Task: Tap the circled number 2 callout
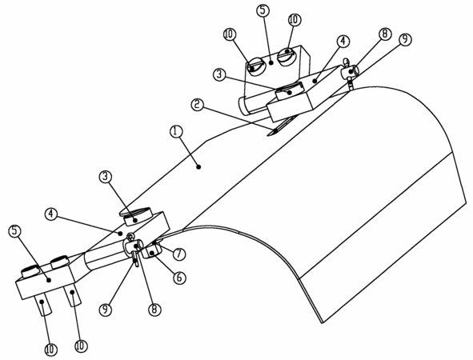[x=198, y=105]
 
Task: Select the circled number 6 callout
[x=179, y=278]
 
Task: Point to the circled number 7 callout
[x=179, y=254]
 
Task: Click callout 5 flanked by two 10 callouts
[x=263, y=10]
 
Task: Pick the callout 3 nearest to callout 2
[x=219, y=74]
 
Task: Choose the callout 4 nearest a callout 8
[x=343, y=42]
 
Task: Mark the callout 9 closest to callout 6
[x=106, y=310]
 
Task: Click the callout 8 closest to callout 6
[x=154, y=310]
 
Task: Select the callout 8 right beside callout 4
[x=385, y=34]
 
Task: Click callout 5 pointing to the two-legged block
[x=14, y=231]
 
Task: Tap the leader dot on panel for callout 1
[x=198, y=166]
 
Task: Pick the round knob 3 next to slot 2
[x=291, y=91]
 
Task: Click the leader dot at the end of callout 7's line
[x=155, y=242]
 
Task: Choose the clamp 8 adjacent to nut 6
[x=134, y=245]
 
